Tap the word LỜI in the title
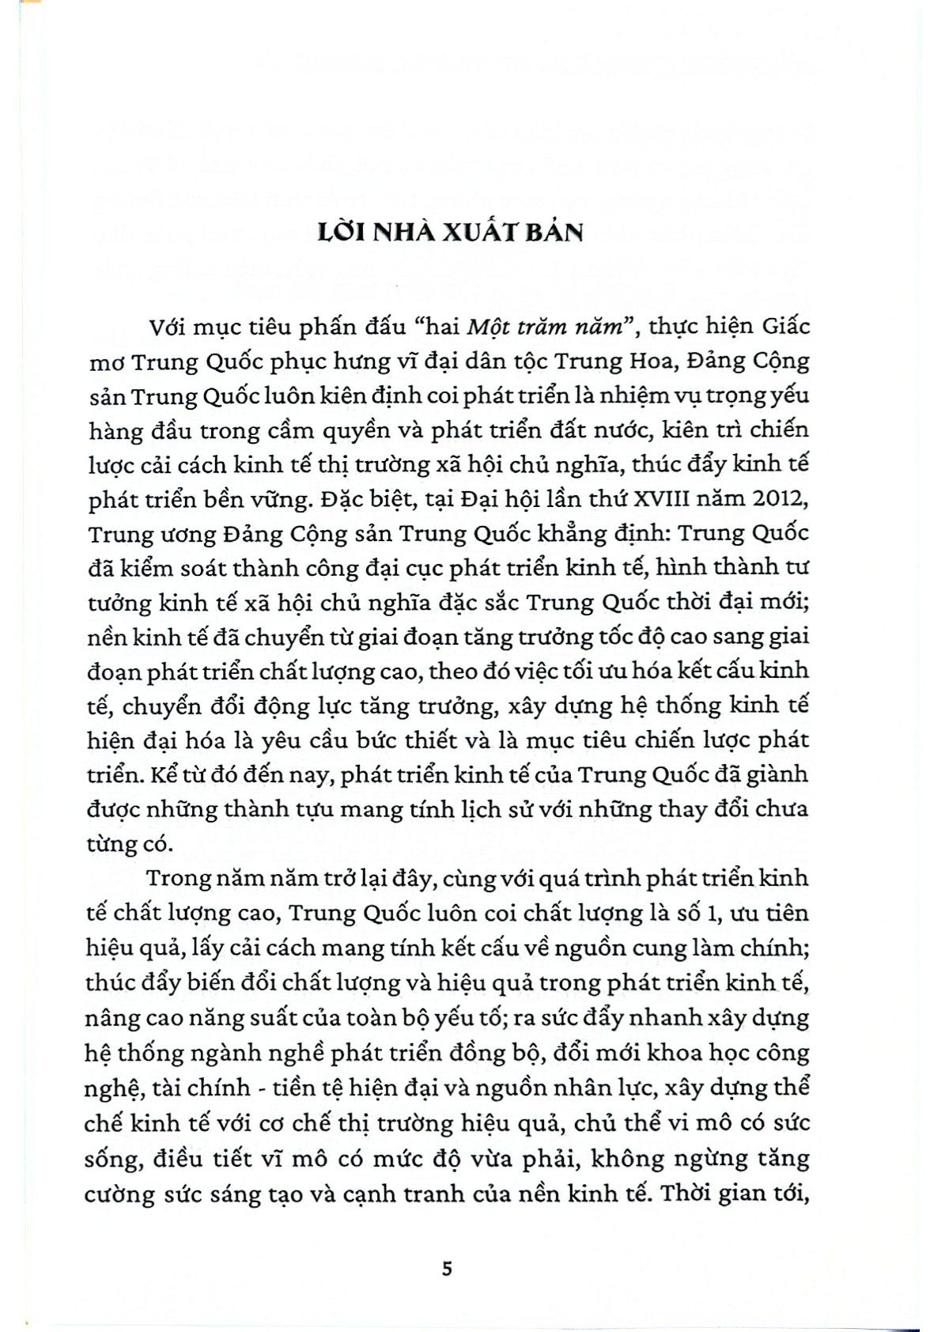point(341,232)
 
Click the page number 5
point(448,1269)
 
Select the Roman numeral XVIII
point(654,499)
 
